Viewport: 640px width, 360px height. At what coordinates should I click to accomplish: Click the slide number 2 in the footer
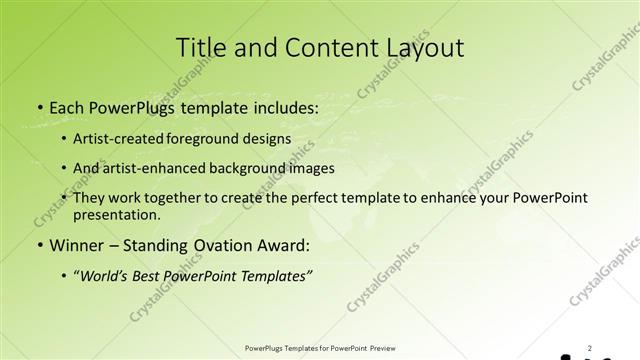[x=589, y=348]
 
